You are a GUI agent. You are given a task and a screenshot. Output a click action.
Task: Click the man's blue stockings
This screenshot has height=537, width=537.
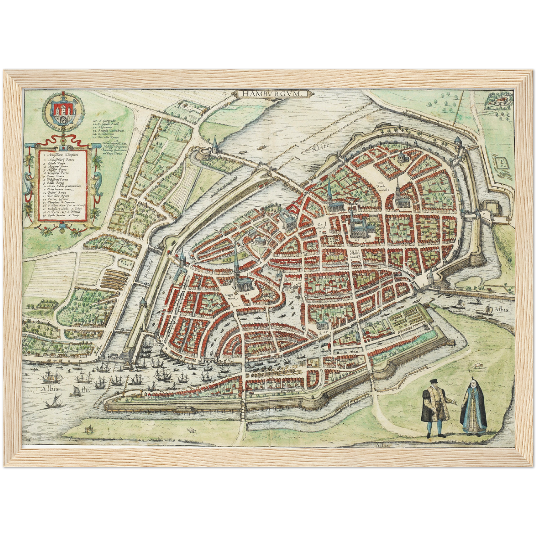(435, 427)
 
